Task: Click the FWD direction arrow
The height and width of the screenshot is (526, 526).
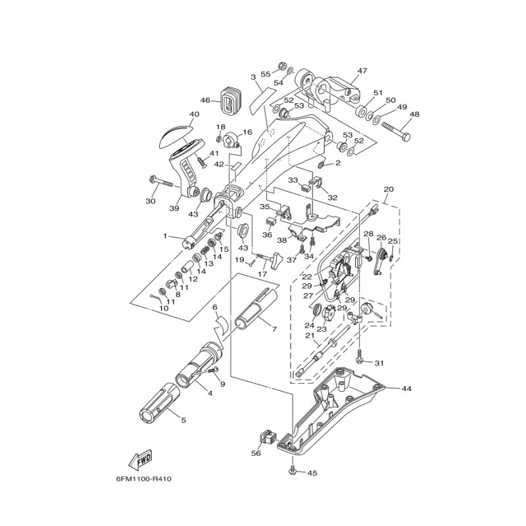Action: pyautogui.click(x=141, y=459)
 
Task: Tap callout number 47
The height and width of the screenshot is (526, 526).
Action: pyautogui.click(x=362, y=71)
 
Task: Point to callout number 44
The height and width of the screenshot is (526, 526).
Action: pyautogui.click(x=408, y=389)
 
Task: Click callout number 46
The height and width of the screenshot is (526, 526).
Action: pyautogui.click(x=205, y=100)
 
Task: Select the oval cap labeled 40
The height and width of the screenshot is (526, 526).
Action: pyautogui.click(x=174, y=137)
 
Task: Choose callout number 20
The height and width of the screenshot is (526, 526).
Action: pyautogui.click(x=389, y=189)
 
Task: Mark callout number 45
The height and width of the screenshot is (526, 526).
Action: pyautogui.click(x=312, y=473)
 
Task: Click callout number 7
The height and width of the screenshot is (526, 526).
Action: pyautogui.click(x=274, y=329)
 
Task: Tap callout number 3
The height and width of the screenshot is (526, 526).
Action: pyautogui.click(x=253, y=78)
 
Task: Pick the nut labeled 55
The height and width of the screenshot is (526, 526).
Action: pyautogui.click(x=282, y=66)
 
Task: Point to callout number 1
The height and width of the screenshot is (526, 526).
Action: pyautogui.click(x=165, y=236)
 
